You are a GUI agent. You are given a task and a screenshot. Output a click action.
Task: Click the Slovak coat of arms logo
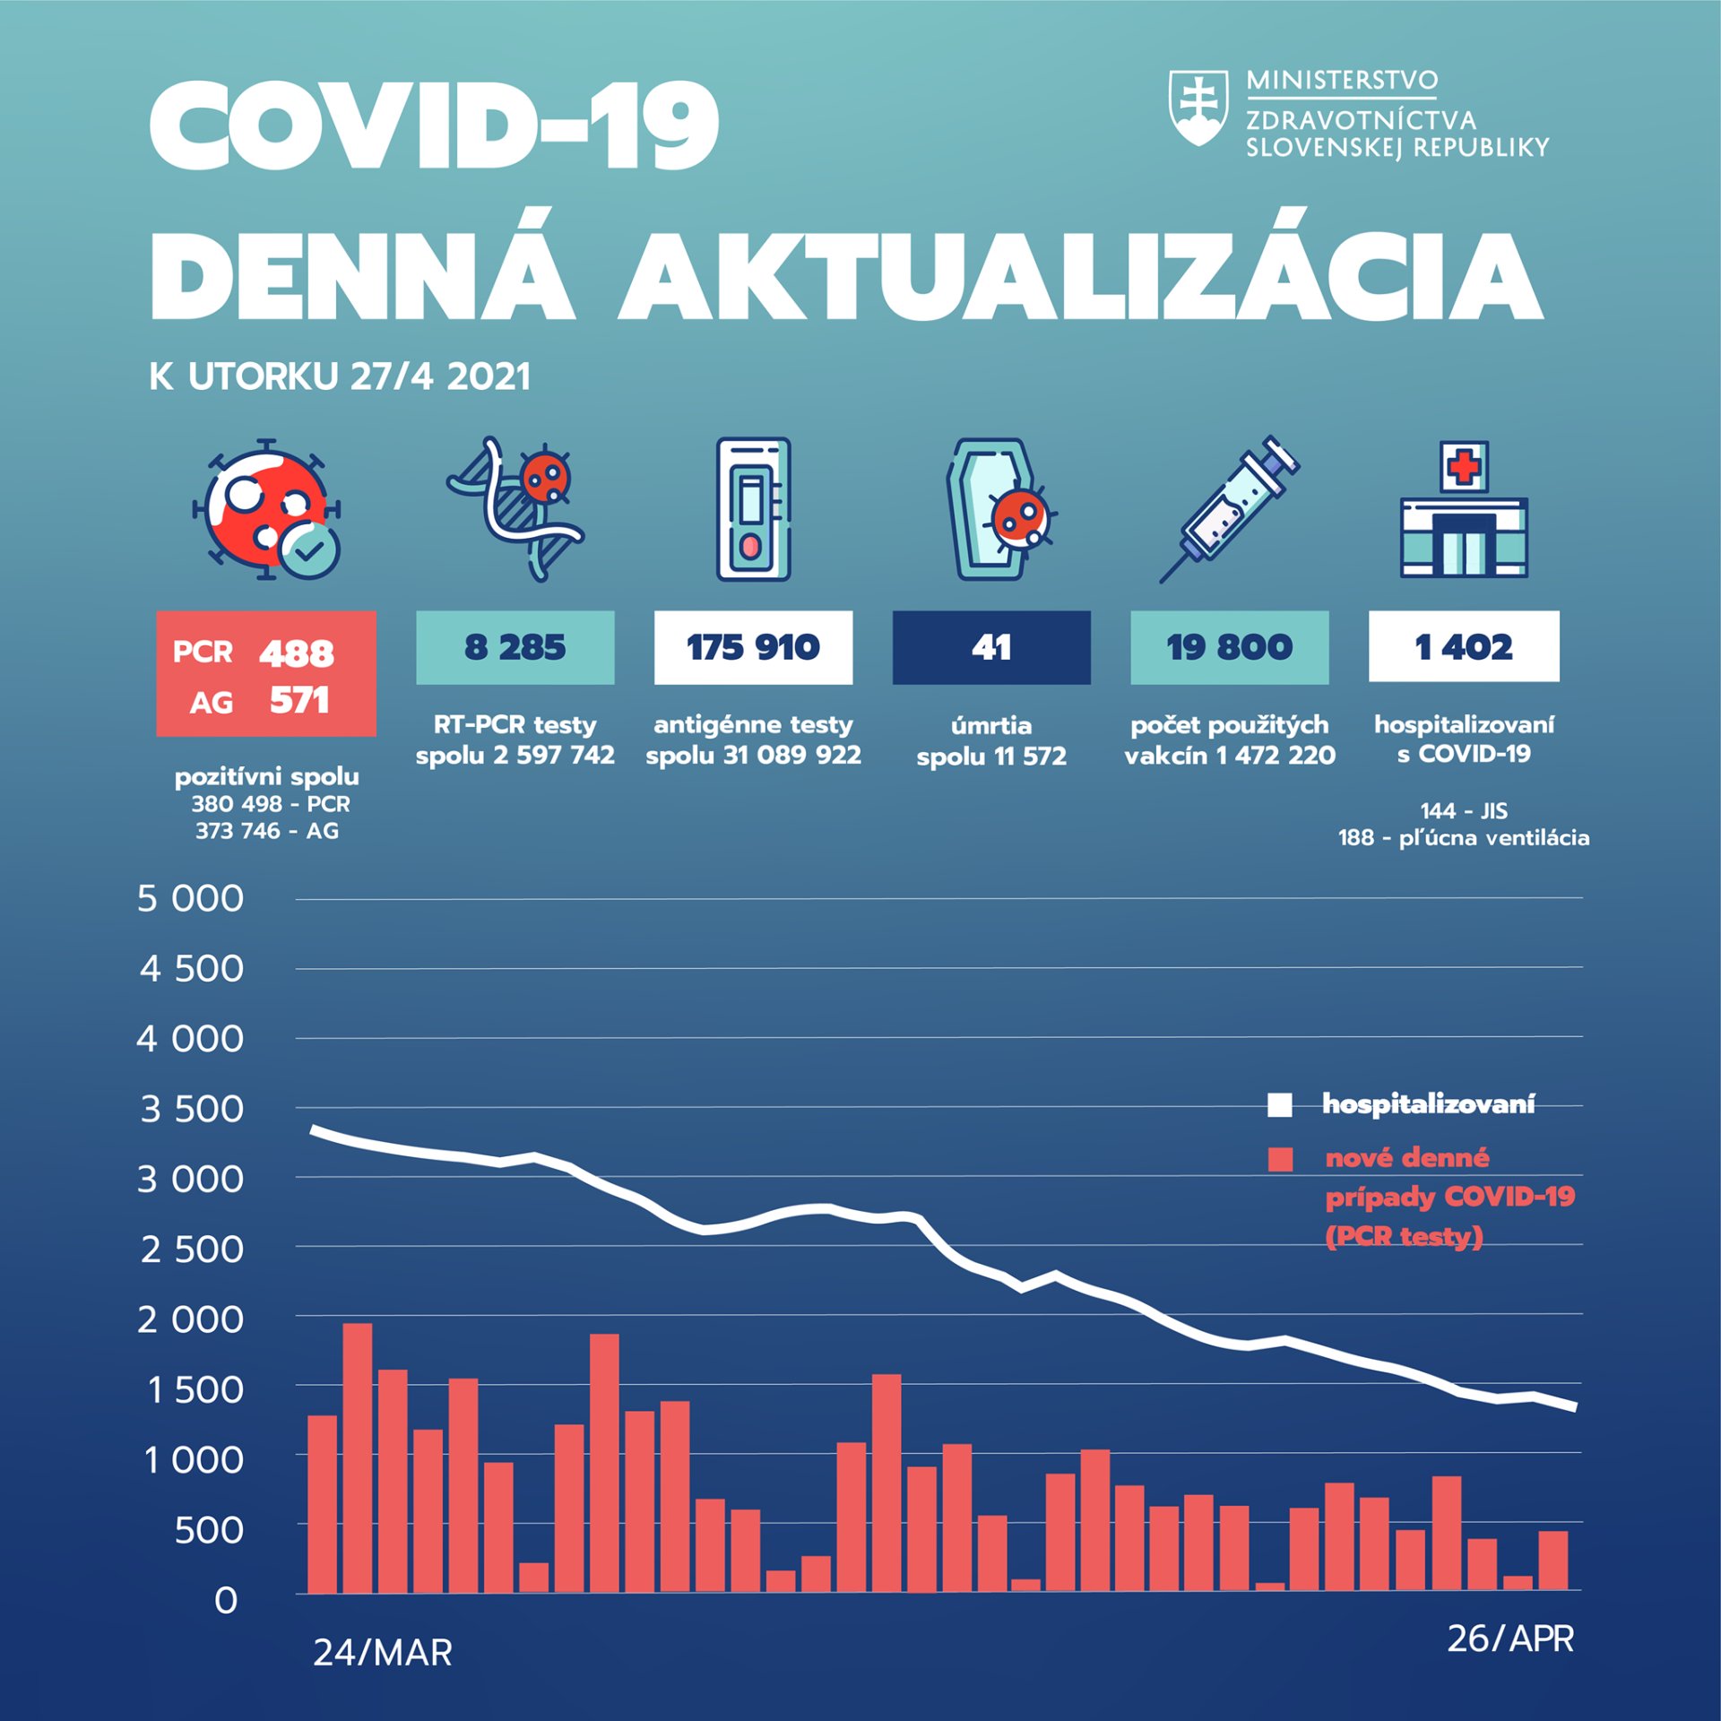[1198, 108]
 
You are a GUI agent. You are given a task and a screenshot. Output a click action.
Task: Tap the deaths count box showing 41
[991, 647]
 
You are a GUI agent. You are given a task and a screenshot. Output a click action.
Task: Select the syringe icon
[1229, 508]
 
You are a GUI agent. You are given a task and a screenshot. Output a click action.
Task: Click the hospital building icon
[1464, 511]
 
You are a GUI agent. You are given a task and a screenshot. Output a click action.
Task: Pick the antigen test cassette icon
[753, 509]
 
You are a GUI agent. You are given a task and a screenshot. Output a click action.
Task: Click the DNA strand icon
[515, 509]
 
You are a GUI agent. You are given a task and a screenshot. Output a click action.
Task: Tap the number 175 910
[753, 647]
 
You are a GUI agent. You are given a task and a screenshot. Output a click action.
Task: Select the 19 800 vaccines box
[1229, 647]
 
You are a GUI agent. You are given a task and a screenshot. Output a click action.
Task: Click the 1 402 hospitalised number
[1464, 647]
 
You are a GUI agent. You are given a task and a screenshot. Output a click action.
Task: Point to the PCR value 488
[297, 653]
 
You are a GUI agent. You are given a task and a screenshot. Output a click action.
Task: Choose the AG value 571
[299, 701]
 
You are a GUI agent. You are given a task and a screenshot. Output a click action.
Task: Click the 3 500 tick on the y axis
[191, 1110]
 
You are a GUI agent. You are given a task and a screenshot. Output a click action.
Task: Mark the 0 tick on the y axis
[226, 1601]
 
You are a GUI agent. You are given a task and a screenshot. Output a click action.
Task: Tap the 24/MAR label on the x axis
[383, 1653]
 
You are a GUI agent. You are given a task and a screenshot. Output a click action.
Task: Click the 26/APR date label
[1510, 1639]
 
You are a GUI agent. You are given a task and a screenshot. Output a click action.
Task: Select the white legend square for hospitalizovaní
[1280, 1105]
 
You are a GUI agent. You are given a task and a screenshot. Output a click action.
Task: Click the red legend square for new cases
[1280, 1159]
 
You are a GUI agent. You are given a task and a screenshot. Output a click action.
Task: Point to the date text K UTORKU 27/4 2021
[341, 376]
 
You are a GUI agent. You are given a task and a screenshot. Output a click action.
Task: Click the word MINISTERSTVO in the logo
[1342, 81]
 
